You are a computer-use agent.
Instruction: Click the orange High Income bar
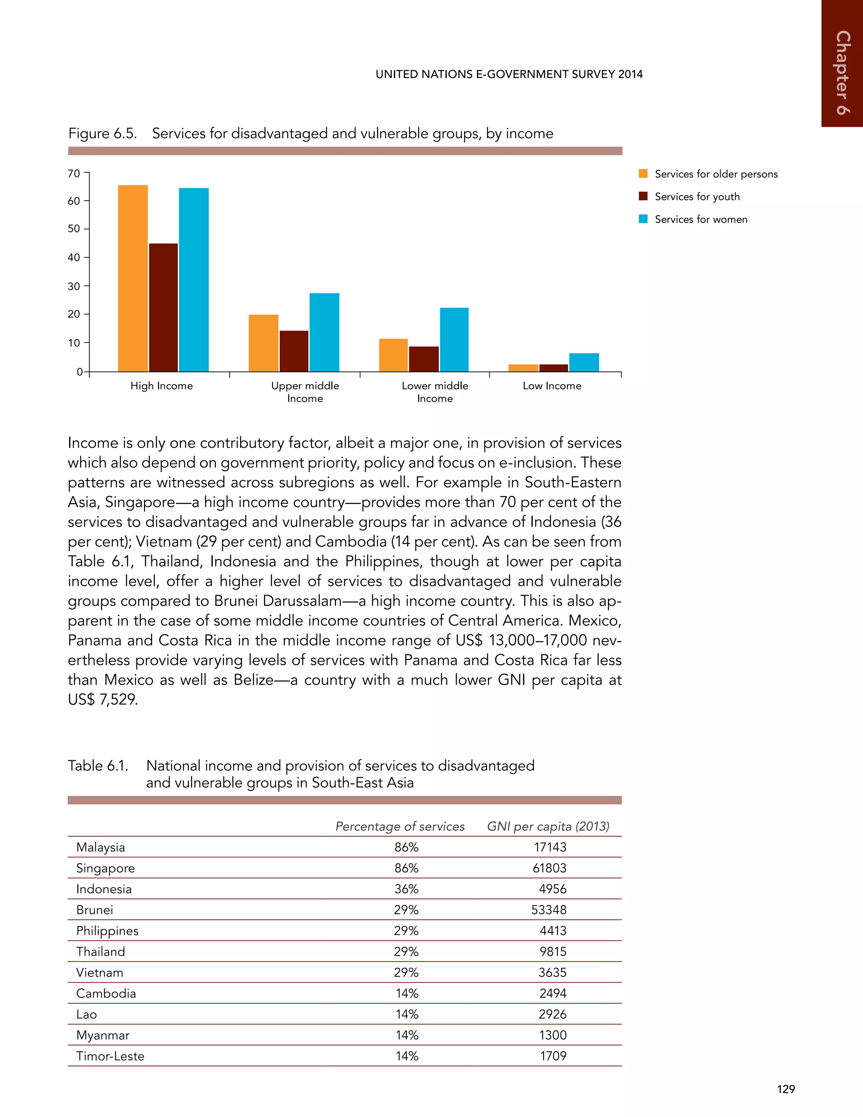point(133,278)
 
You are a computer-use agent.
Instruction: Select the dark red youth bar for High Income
point(163,307)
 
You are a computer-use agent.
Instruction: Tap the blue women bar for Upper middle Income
point(324,333)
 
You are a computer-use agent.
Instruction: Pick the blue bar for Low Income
point(584,362)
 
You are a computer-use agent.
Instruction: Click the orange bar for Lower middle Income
point(393,355)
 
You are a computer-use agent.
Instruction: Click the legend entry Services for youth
point(697,197)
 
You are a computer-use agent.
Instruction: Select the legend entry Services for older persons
point(716,175)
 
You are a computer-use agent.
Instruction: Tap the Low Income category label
point(552,386)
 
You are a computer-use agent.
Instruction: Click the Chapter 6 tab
point(842,72)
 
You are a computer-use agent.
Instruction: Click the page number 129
point(786,1089)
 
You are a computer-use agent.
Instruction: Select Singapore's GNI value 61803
point(549,868)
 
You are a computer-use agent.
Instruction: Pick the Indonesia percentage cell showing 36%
point(407,889)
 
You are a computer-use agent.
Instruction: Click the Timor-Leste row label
point(110,1056)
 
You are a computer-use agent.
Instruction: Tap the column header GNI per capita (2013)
point(548,827)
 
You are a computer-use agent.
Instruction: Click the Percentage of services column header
point(400,827)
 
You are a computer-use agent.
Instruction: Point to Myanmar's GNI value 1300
point(553,1035)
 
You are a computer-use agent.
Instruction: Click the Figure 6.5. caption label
point(103,134)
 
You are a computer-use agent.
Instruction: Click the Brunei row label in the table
point(94,910)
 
